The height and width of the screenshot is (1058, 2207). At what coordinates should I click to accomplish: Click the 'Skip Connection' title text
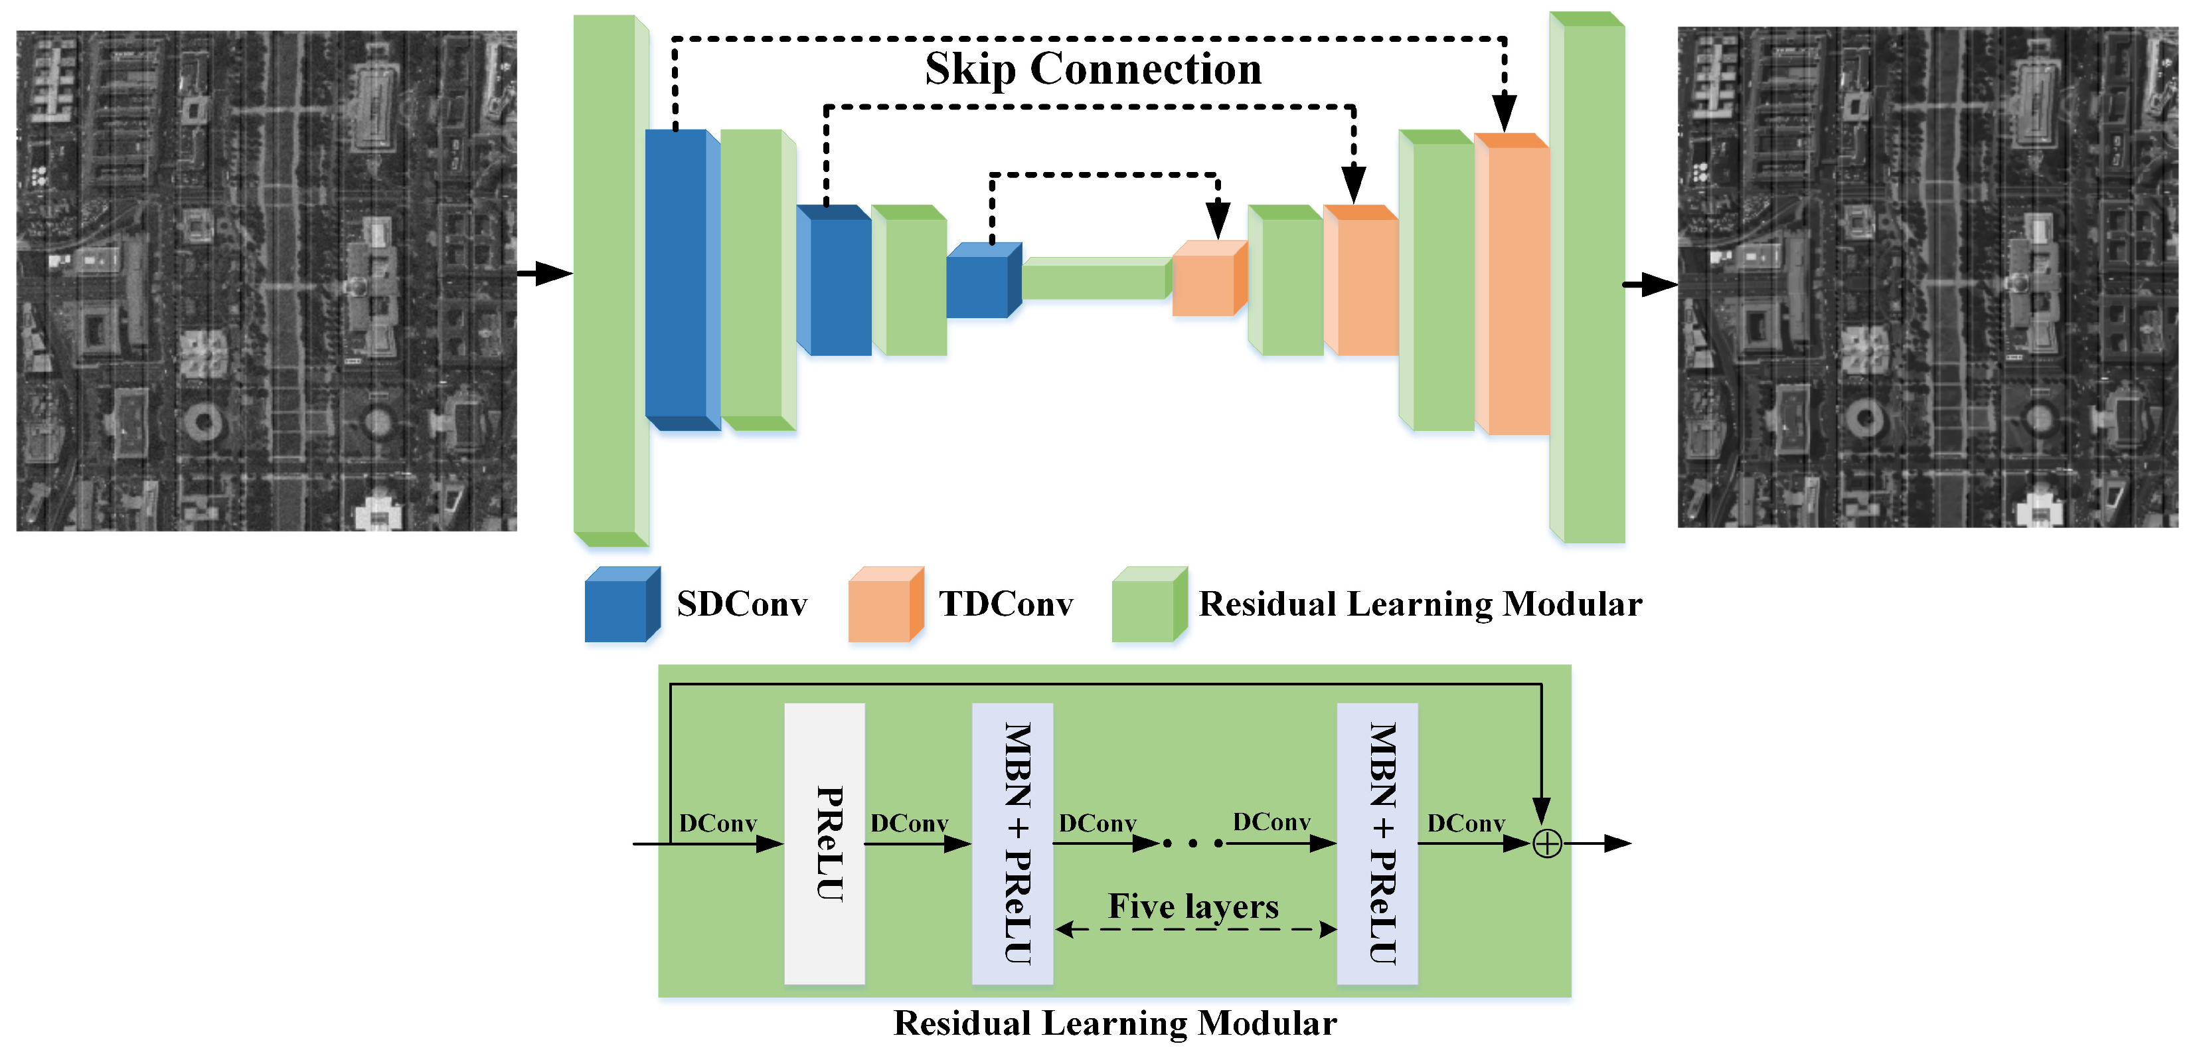click(1092, 68)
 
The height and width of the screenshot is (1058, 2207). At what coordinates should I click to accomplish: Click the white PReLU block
click(824, 844)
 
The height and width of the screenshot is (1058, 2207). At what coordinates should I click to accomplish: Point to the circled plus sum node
click(1546, 845)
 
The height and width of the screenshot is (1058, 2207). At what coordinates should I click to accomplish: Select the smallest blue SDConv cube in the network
click(982, 283)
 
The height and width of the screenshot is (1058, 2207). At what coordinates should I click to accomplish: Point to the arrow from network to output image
click(1650, 284)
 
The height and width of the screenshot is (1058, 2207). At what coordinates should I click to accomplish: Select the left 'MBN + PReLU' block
click(1013, 844)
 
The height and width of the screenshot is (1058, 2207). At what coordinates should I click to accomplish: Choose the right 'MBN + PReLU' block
click(1378, 844)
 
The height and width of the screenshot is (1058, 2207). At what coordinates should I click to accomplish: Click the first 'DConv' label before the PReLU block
click(718, 824)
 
